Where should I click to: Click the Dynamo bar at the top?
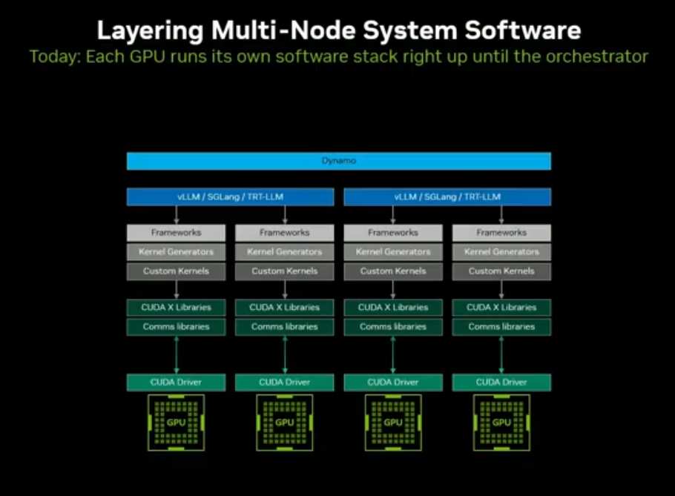point(338,161)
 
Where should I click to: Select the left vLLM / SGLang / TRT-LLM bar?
point(230,196)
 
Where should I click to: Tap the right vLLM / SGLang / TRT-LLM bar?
point(447,196)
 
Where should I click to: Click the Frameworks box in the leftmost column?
point(176,233)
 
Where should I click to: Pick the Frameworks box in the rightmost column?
point(501,233)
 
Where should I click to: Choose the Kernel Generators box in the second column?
point(285,252)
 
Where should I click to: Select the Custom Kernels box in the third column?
point(393,271)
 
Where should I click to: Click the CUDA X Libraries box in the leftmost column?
point(176,307)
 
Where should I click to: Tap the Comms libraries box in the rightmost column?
point(501,326)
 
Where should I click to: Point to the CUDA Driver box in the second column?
point(285,383)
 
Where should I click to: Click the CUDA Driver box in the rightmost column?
point(501,383)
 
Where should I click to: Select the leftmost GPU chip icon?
point(176,423)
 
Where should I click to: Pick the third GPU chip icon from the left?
point(393,423)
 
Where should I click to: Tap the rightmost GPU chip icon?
point(501,423)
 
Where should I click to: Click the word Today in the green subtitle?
point(54,56)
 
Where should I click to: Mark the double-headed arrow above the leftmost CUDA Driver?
point(176,354)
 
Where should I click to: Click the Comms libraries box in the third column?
point(393,326)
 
